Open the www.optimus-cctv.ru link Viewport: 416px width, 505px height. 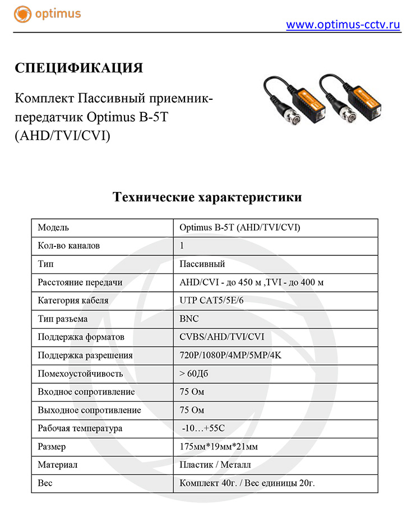click(343, 25)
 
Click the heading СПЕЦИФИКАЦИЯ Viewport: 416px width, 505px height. click(79, 68)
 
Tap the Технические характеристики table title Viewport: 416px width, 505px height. click(207, 198)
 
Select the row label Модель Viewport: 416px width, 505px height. click(53, 227)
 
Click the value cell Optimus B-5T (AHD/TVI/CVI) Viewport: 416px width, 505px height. click(240, 227)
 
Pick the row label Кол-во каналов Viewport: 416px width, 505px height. click(69, 246)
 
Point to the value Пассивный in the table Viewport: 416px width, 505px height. click(202, 264)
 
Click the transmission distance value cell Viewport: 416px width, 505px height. click(251, 282)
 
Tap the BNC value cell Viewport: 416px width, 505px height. click(189, 319)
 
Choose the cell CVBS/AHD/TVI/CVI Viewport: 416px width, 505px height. click(221, 337)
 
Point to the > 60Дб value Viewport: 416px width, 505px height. click(195, 374)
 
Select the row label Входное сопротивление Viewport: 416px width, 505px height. click(86, 392)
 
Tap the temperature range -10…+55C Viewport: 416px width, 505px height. click(204, 428)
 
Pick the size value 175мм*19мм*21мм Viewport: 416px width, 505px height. click(219, 447)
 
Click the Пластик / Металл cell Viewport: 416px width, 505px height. click(215, 465)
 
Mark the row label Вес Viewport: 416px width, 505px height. click(45, 483)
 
